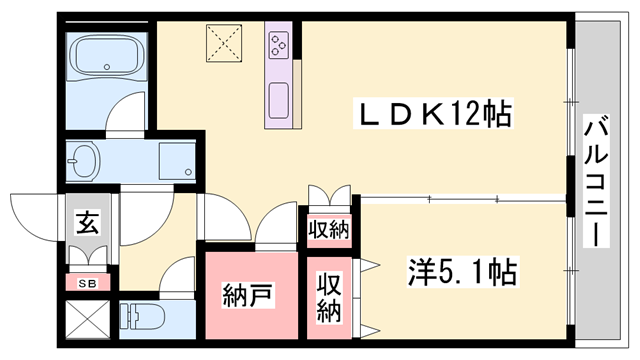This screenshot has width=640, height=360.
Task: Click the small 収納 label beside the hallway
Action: [x=328, y=231]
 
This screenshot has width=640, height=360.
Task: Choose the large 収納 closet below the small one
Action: [x=329, y=298]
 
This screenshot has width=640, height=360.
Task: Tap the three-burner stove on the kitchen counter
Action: [x=277, y=43]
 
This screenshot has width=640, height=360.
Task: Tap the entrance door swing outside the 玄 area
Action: [x=35, y=213]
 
